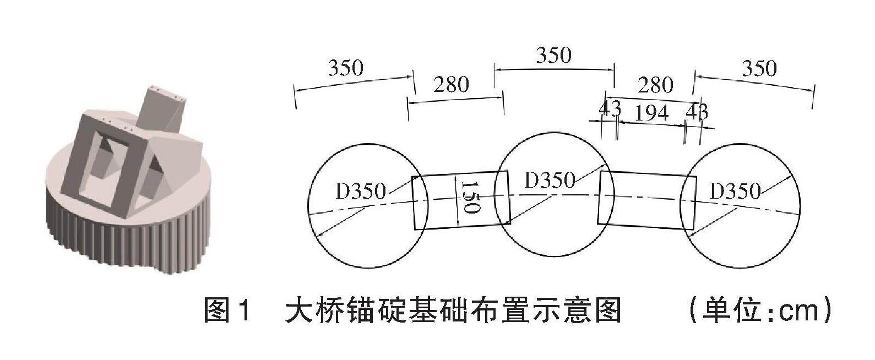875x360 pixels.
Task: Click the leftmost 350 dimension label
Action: click(345, 69)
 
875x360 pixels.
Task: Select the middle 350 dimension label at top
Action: click(553, 56)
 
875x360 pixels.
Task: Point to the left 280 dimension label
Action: click(451, 85)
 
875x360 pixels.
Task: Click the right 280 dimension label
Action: click(655, 85)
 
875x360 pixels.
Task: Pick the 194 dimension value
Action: click(651, 113)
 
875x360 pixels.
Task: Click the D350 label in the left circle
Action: click(360, 192)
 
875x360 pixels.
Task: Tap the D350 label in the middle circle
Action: click(549, 180)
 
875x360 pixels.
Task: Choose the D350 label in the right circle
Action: click(735, 192)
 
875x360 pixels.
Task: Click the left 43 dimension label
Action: click(610, 108)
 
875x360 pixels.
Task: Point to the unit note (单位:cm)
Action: click(760, 310)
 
